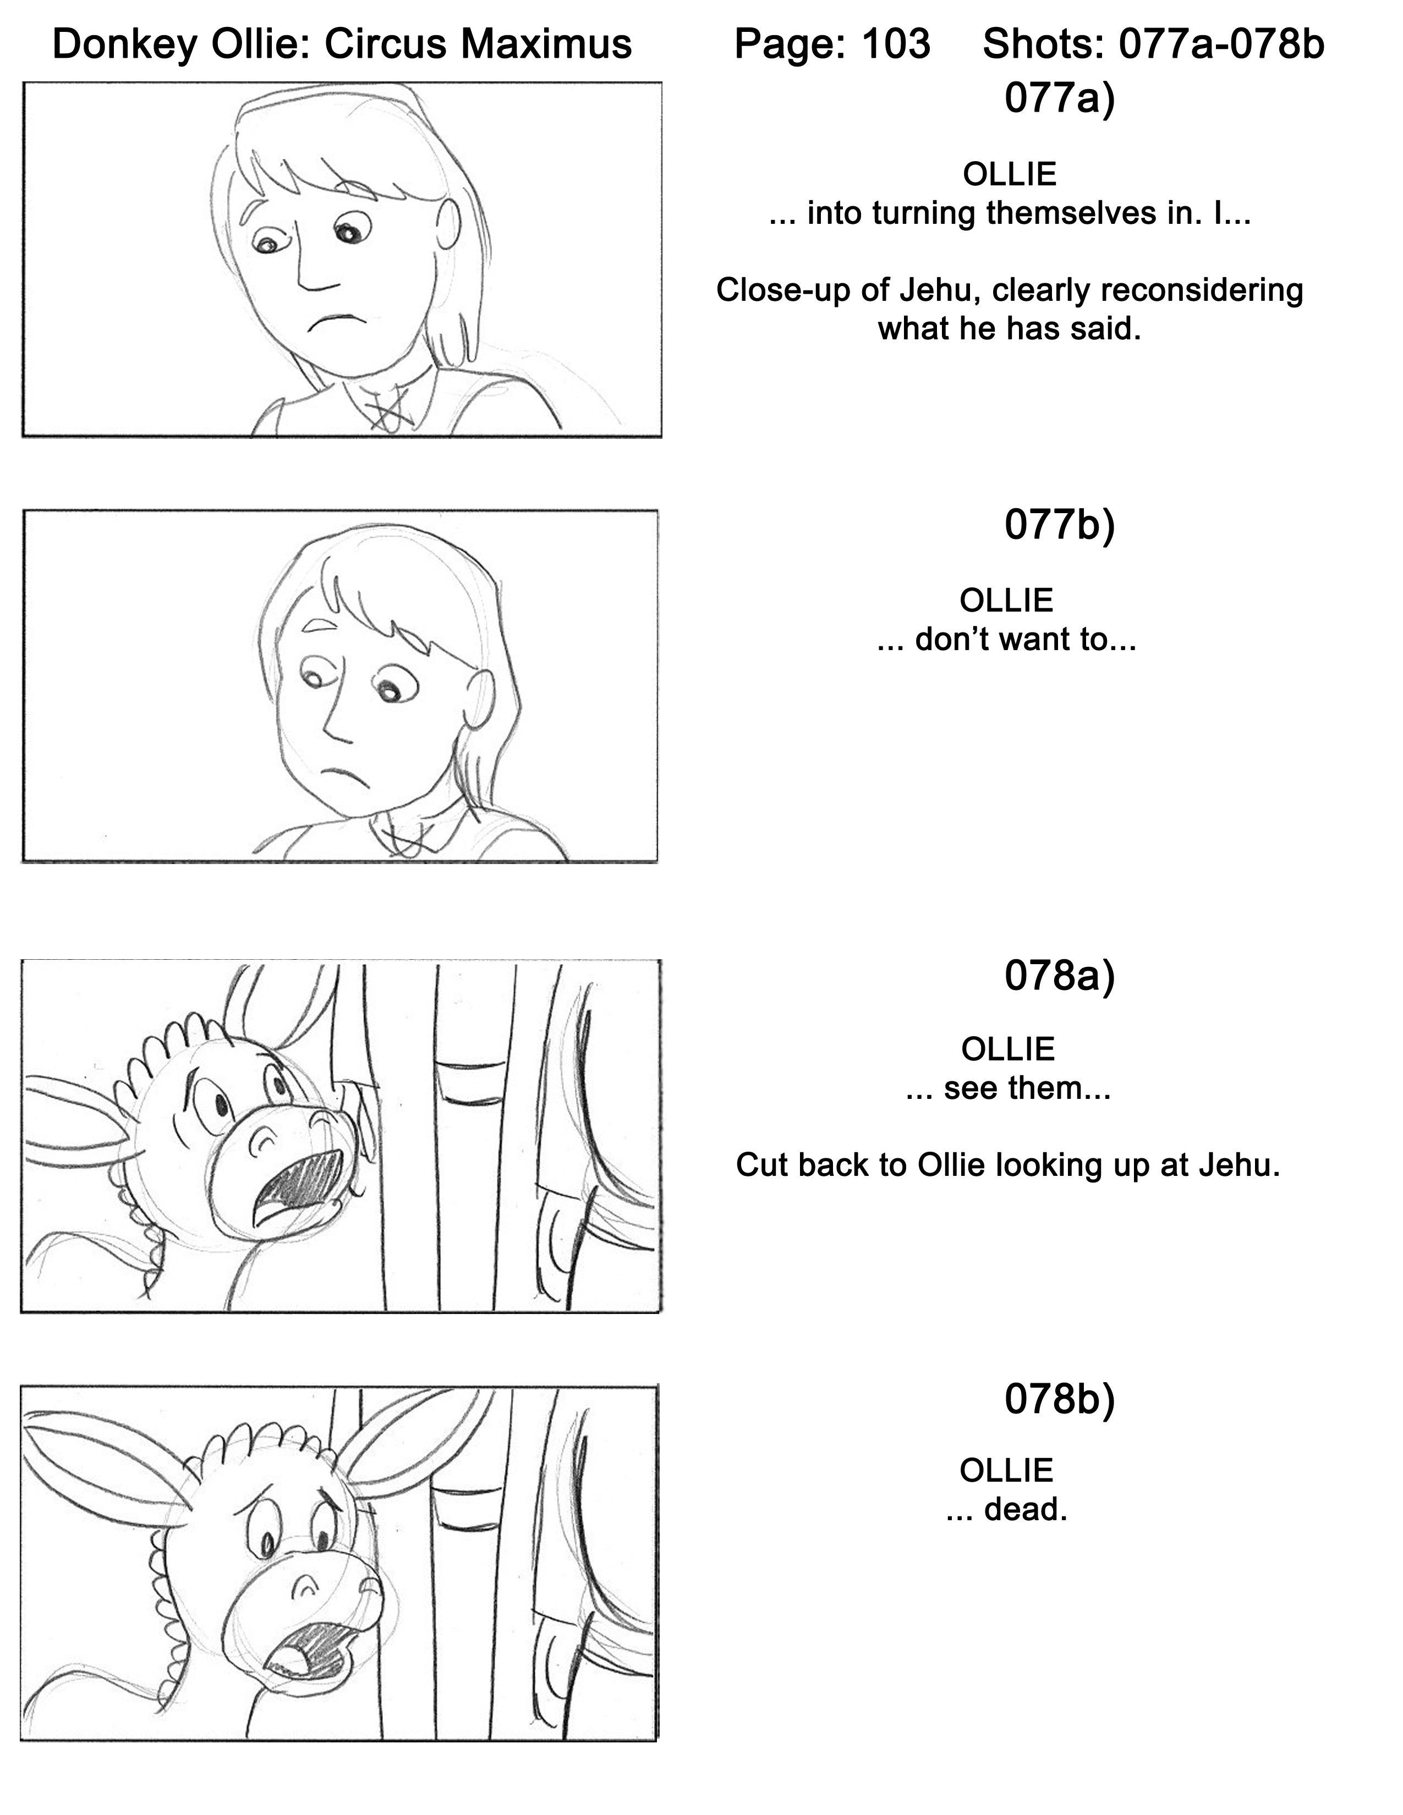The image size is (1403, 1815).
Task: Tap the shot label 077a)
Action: click(x=1059, y=98)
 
